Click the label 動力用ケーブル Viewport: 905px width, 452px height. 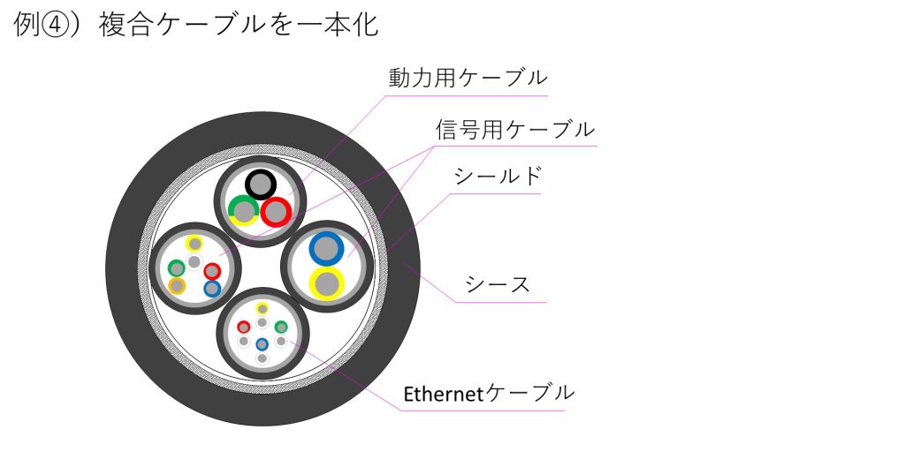[x=468, y=78]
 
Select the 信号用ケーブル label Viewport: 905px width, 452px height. [x=515, y=130]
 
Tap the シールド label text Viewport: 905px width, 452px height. [x=498, y=176]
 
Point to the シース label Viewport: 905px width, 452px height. [x=498, y=284]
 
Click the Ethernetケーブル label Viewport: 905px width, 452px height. [x=489, y=393]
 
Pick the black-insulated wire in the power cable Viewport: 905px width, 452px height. [x=261, y=185]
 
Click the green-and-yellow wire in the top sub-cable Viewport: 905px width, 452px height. [x=244, y=211]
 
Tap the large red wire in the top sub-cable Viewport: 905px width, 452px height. [x=276, y=212]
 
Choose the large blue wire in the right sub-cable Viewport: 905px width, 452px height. [x=327, y=248]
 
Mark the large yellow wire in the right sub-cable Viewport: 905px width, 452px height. [x=327, y=283]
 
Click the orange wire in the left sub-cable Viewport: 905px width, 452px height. [x=177, y=285]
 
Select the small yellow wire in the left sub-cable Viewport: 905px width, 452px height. [x=195, y=244]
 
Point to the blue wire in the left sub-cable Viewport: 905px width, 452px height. [x=212, y=289]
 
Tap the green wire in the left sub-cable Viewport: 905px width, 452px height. [x=177, y=268]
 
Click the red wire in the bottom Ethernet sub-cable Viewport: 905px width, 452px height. [x=244, y=328]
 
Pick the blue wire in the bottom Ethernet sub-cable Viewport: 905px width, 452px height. [x=262, y=344]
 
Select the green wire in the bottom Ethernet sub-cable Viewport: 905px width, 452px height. [x=281, y=328]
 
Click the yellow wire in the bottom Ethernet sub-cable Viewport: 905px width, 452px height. [x=262, y=308]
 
